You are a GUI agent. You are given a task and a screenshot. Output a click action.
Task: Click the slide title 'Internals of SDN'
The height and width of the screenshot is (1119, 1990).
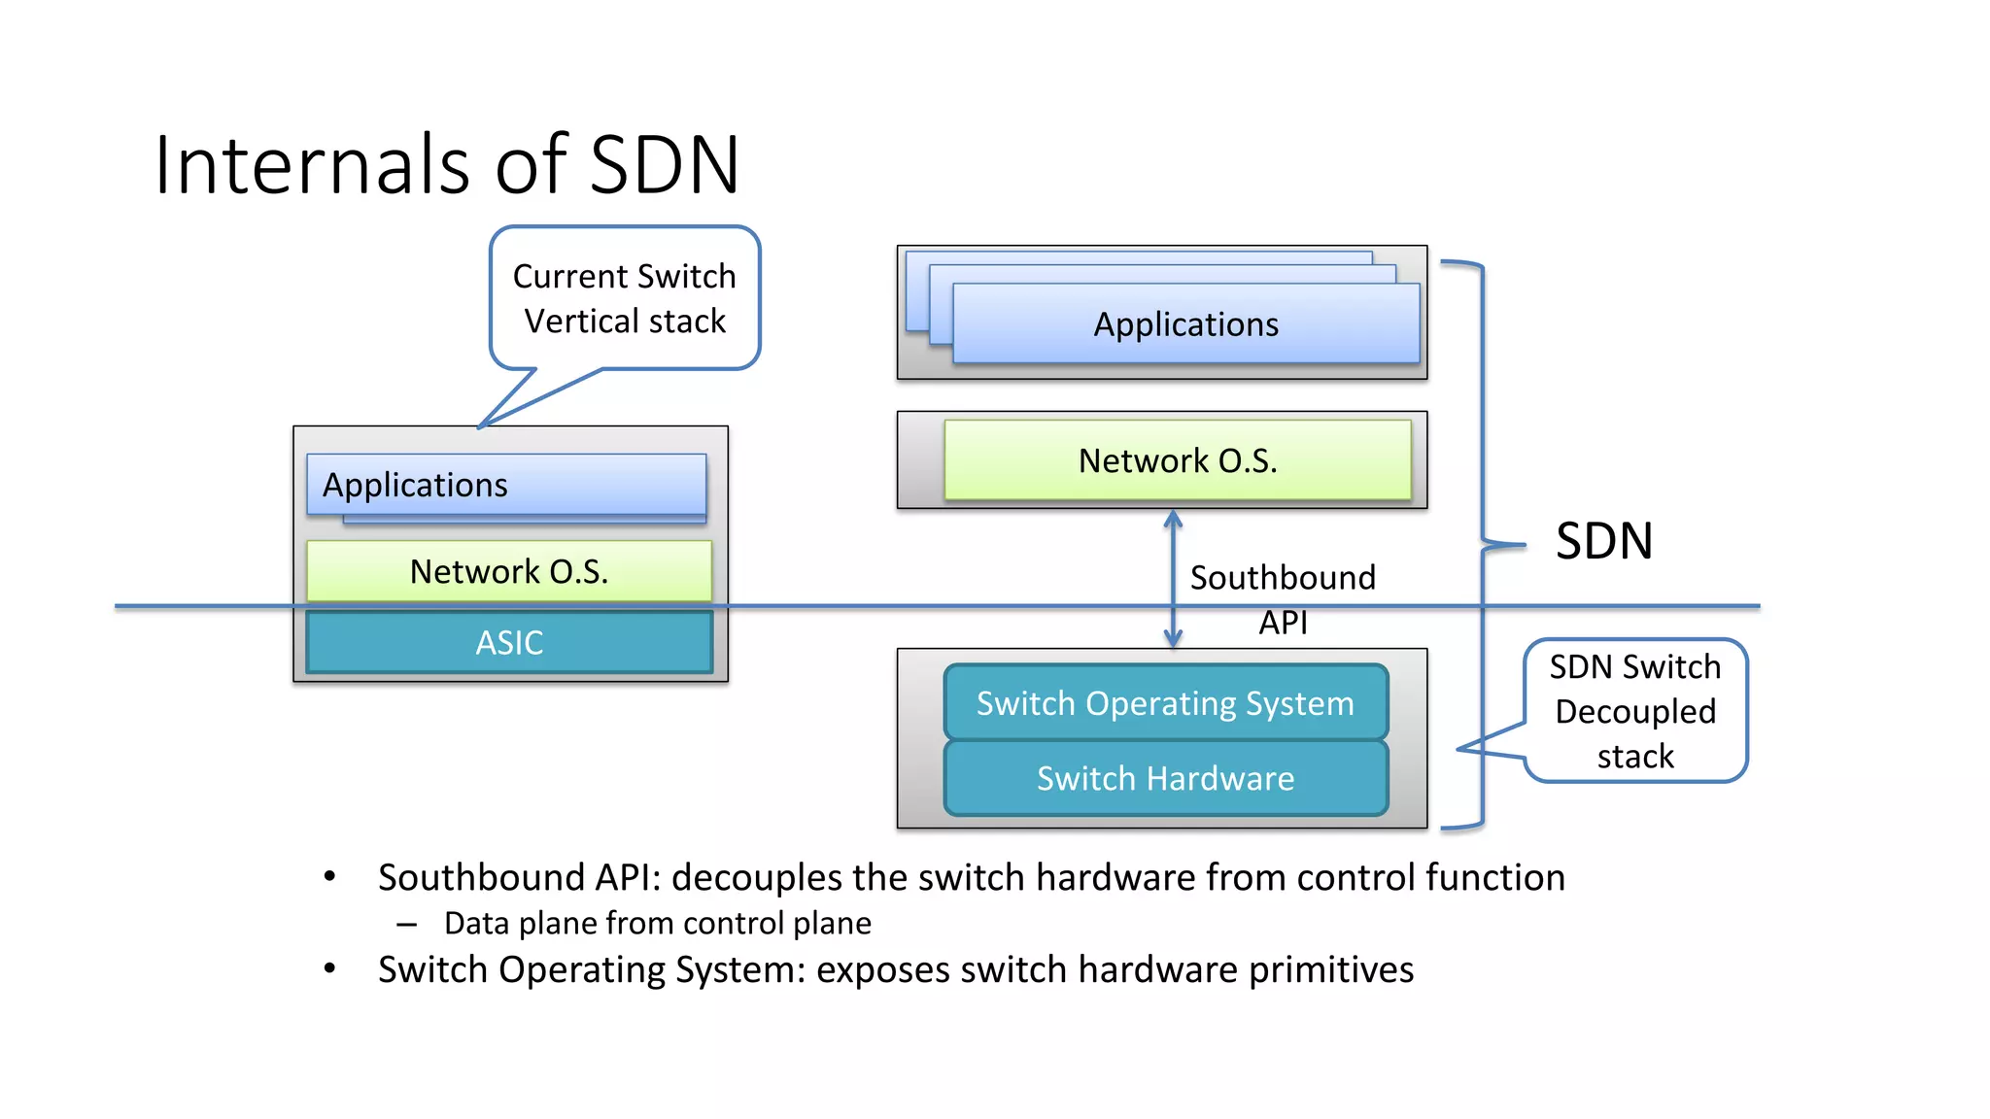click(x=447, y=164)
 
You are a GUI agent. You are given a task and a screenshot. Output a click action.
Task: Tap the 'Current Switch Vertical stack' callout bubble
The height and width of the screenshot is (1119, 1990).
click(x=625, y=298)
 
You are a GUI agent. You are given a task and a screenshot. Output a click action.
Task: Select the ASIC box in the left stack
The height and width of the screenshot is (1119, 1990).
click(x=509, y=642)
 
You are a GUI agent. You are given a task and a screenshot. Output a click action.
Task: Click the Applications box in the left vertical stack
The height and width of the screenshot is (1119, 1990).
click(x=506, y=485)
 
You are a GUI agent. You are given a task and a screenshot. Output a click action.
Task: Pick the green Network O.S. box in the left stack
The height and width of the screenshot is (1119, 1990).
click(x=509, y=571)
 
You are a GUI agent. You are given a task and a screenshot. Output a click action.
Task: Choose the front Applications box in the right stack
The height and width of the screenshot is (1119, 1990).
click(x=1186, y=323)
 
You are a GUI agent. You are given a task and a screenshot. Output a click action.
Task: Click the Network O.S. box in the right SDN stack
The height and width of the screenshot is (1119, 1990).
click(x=1178, y=460)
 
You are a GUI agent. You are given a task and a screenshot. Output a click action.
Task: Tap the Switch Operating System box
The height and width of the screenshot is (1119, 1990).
click(x=1166, y=702)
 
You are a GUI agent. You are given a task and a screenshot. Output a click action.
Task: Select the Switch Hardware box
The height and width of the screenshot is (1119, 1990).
click(x=1166, y=778)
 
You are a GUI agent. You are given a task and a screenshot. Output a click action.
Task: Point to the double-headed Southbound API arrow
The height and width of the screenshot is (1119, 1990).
click(x=1173, y=579)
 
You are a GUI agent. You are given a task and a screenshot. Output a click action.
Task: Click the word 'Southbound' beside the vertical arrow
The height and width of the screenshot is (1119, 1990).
click(x=1283, y=578)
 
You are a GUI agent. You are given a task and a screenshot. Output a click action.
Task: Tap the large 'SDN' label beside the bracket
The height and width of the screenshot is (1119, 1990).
click(x=1604, y=541)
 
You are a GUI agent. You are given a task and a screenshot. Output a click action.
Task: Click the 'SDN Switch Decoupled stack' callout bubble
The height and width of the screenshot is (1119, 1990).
click(x=1635, y=710)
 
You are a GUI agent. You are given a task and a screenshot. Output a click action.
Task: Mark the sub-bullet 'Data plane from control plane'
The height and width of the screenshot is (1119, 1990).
click(x=658, y=923)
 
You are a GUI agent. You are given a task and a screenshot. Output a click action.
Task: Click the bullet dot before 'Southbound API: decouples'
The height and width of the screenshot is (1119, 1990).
click(x=330, y=877)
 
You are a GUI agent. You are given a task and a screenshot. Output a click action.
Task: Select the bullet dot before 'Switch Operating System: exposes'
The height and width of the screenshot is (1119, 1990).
click(x=330, y=968)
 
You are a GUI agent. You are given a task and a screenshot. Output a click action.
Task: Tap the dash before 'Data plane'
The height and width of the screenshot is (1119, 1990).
click(x=406, y=924)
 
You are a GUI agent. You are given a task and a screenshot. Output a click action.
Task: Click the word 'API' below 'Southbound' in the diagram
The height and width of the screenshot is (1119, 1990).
click(x=1284, y=623)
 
